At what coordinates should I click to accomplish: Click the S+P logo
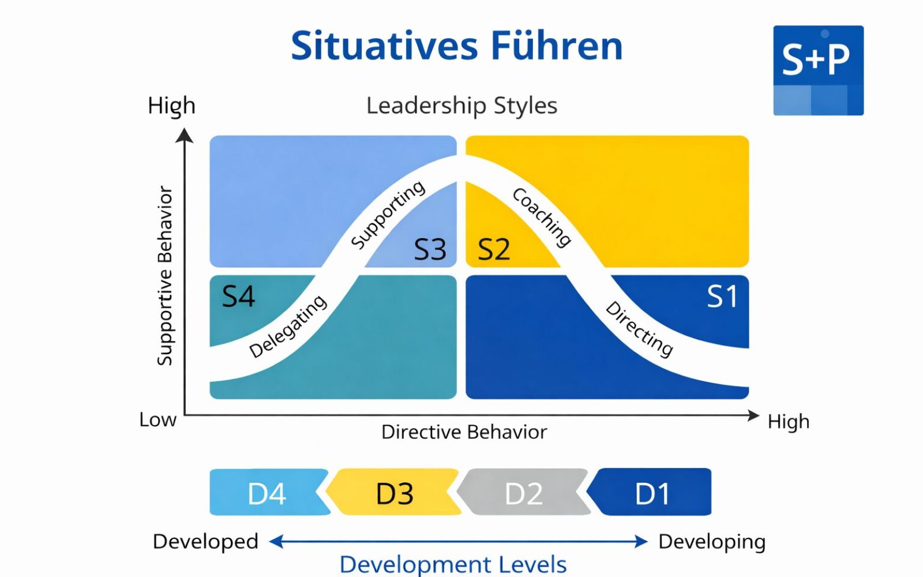818,70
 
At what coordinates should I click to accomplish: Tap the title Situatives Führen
457,46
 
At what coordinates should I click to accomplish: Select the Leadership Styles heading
461,106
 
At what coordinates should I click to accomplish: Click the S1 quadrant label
722,297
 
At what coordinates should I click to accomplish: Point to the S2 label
494,249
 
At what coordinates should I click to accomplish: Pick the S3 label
430,249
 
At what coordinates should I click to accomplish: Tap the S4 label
238,297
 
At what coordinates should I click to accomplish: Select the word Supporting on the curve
388,215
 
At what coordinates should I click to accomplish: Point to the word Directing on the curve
639,329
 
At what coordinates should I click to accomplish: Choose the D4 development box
267,493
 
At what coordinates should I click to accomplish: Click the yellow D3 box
395,493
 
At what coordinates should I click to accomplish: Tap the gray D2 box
524,493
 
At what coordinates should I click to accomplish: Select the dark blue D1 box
652,493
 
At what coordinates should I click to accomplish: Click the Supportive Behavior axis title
165,276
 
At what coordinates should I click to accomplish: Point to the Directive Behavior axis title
464,432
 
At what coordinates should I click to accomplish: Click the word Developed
205,542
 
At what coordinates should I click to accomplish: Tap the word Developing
712,542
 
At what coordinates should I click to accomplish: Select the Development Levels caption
453,564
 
